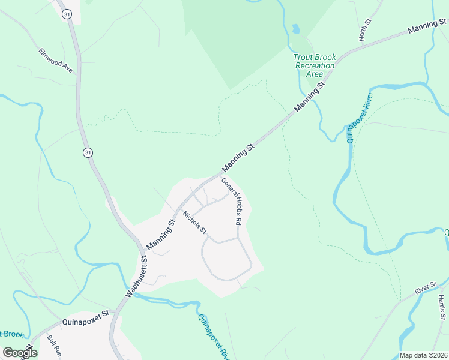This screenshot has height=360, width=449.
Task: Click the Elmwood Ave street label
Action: coord(55,61)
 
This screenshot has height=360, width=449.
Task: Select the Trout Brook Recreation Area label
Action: coord(315,65)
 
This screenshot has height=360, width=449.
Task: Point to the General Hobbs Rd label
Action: coord(232,201)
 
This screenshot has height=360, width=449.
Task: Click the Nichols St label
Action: coord(195,222)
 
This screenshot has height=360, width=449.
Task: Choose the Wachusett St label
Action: coord(136,277)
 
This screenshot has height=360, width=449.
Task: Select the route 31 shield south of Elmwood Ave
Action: coord(88,153)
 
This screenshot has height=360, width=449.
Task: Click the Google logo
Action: coord(20,352)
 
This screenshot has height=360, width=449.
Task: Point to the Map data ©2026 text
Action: coord(423,355)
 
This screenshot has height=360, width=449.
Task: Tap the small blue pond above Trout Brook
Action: coord(295,28)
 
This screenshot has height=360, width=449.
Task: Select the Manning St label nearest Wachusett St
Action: coord(160,234)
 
